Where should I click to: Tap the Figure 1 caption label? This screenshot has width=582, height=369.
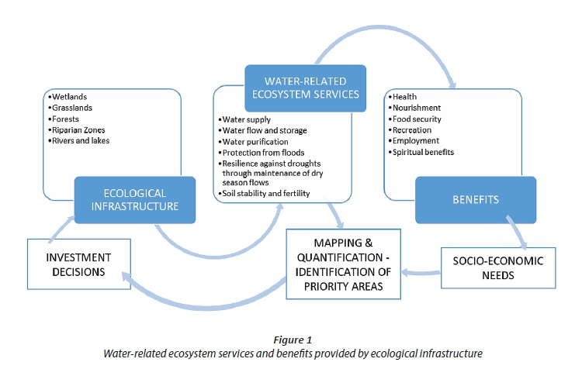[x=293, y=340]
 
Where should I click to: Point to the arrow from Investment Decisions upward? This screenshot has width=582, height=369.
[x=61, y=229]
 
